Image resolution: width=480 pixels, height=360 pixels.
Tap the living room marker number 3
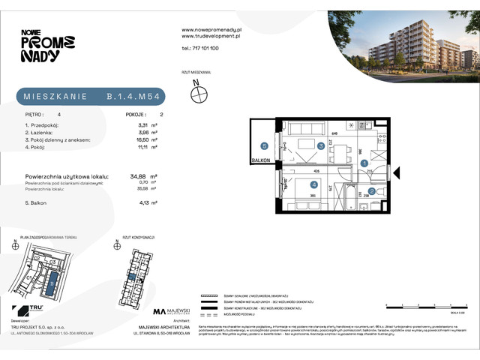(320, 146)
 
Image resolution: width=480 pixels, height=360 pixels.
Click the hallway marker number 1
(364, 162)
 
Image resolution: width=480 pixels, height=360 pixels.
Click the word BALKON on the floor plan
(262, 160)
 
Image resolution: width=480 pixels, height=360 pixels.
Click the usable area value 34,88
(138, 177)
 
